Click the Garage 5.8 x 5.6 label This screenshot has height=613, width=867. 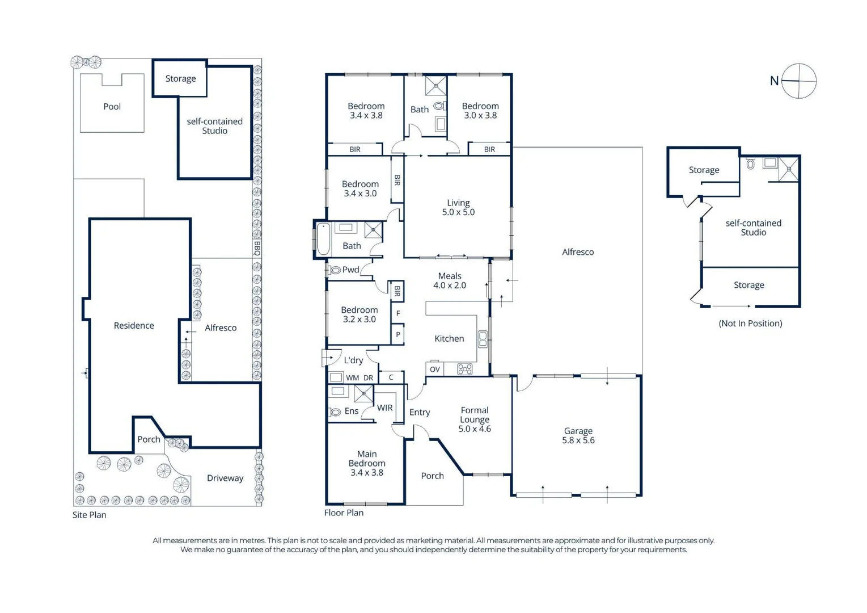[578, 435]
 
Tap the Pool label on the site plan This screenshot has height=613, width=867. [112, 107]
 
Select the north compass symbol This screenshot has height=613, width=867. [798, 81]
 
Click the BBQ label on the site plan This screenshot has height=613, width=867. [257, 248]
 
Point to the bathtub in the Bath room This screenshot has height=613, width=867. [323, 239]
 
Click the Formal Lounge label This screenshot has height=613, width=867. [475, 419]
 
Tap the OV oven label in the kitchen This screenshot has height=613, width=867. [435, 370]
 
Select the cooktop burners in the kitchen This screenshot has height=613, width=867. [464, 370]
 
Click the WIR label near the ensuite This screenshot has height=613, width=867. [385, 408]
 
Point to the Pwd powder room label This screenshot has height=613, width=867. [350, 270]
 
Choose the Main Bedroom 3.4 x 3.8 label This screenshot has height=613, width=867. [367, 463]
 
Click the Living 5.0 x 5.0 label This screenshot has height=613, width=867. [458, 207]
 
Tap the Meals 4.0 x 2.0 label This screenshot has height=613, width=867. [450, 280]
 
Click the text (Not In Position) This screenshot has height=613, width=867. [750, 323]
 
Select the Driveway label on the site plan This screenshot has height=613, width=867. [225, 478]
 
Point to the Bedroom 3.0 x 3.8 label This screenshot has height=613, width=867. [480, 110]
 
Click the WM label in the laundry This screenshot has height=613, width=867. [352, 377]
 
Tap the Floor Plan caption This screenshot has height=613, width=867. [344, 513]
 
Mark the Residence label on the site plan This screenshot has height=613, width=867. [134, 325]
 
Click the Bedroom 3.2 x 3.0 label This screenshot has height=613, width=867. [360, 314]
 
